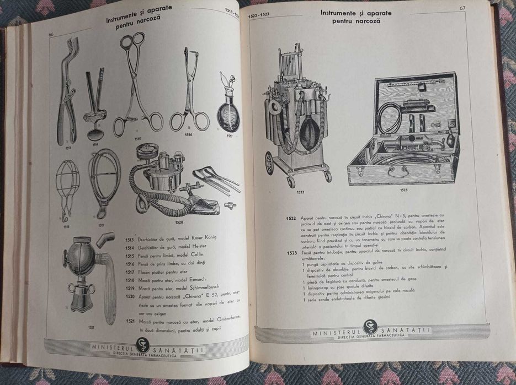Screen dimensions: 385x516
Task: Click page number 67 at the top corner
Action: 462,8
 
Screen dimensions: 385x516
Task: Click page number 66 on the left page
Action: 51,34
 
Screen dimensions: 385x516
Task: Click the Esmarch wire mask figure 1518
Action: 66,187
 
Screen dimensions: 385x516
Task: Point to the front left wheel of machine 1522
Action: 269,163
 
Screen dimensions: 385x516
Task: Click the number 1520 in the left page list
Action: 130,296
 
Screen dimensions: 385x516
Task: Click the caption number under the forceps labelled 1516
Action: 189,134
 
